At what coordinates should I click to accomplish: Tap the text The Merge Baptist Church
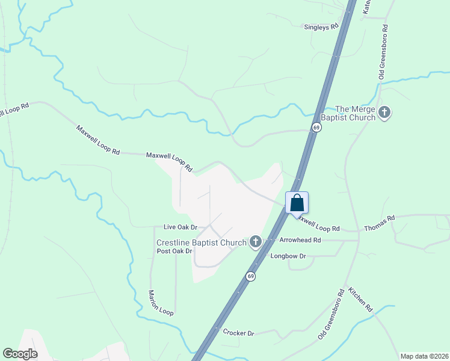tap(355, 113)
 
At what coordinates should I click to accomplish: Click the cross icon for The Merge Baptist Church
tap(384, 112)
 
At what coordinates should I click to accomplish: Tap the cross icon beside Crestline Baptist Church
tap(256, 242)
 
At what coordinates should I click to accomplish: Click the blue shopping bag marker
tap(297, 203)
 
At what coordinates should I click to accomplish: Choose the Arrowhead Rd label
tap(300, 239)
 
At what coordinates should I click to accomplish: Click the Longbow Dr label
tap(289, 256)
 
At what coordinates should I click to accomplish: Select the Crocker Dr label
tap(239, 333)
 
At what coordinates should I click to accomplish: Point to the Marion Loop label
tap(161, 303)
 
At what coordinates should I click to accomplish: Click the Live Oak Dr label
tap(180, 227)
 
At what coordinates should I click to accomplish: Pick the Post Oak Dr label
tap(174, 251)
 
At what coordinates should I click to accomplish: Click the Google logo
tap(20, 354)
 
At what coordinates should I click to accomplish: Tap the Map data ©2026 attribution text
tap(424, 356)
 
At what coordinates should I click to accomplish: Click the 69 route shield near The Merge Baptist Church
tap(316, 127)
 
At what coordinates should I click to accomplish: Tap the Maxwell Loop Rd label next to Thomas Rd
tap(317, 224)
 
